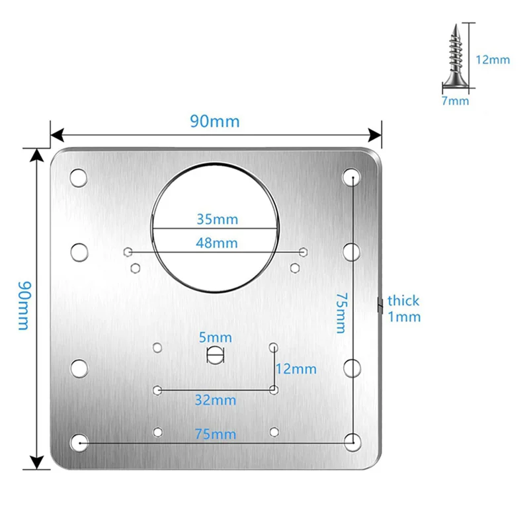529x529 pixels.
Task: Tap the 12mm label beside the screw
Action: (x=493, y=60)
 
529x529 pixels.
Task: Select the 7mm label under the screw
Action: (x=455, y=101)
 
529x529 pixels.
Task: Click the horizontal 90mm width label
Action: (x=215, y=122)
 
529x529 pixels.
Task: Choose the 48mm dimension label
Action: (x=217, y=243)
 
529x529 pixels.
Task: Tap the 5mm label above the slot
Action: (x=217, y=337)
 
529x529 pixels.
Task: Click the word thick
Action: (x=403, y=301)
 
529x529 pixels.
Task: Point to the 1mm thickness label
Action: (x=404, y=317)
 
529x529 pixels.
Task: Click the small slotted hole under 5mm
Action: (x=216, y=354)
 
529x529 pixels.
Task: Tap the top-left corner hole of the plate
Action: (x=78, y=177)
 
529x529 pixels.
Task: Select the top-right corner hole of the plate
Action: (x=352, y=177)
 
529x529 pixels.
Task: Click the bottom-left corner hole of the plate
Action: (x=79, y=442)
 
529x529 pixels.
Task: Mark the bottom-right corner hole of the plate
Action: (x=353, y=440)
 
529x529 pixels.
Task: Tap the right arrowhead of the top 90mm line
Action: (x=376, y=136)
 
